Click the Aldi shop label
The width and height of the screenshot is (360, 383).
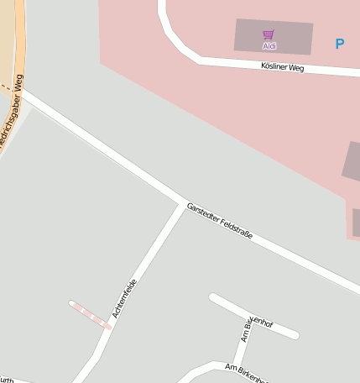click(x=269, y=46)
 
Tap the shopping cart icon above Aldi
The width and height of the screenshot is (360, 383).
click(x=269, y=35)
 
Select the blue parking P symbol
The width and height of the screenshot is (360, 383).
click(x=339, y=44)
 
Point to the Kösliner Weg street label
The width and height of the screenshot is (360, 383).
click(x=282, y=66)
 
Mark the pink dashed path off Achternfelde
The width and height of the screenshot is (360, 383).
click(x=90, y=315)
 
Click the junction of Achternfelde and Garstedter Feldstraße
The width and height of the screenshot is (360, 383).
click(x=184, y=204)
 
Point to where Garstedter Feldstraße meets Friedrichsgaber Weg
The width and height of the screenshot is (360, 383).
click(x=23, y=94)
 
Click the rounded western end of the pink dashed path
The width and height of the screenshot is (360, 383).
click(x=73, y=304)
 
